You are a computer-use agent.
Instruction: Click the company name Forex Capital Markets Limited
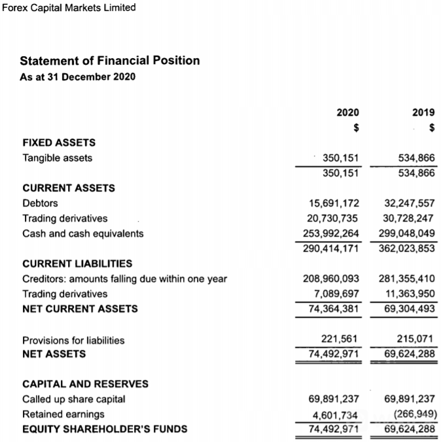coord(69,8)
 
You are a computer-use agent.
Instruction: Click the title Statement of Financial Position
coord(110,61)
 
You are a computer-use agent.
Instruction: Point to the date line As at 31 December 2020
coord(78,77)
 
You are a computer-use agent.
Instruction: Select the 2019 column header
coord(423,112)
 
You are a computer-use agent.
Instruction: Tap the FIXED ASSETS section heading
coord(59,143)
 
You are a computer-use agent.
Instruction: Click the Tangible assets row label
coord(58,158)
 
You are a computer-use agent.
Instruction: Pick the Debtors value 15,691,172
coord(334,203)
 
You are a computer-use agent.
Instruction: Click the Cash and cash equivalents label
coord(83,233)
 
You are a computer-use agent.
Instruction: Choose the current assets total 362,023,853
coord(407,248)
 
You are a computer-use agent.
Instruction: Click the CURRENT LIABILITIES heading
coord(77,263)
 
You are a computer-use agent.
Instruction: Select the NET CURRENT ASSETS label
coord(80,309)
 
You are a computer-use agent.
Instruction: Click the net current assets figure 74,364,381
coord(334,309)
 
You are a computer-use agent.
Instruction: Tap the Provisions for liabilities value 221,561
coord(340,340)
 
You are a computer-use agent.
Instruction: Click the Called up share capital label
coord(74,399)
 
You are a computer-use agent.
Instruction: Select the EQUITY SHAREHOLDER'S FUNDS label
coord(105,430)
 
